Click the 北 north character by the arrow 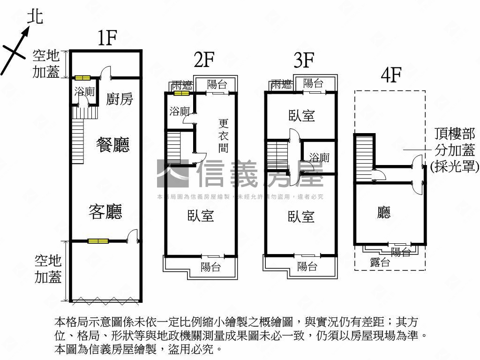point(34,17)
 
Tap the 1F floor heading point(107,38)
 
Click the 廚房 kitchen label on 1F point(120,99)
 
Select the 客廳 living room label point(105,212)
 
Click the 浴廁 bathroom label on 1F point(84,92)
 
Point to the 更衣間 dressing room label point(223,136)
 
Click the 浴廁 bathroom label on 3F point(319,157)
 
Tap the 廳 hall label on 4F point(383,214)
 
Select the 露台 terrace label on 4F point(380,262)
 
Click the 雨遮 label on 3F point(281,84)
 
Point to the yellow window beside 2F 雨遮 point(181,93)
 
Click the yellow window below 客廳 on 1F point(98,241)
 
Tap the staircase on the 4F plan point(364,157)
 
